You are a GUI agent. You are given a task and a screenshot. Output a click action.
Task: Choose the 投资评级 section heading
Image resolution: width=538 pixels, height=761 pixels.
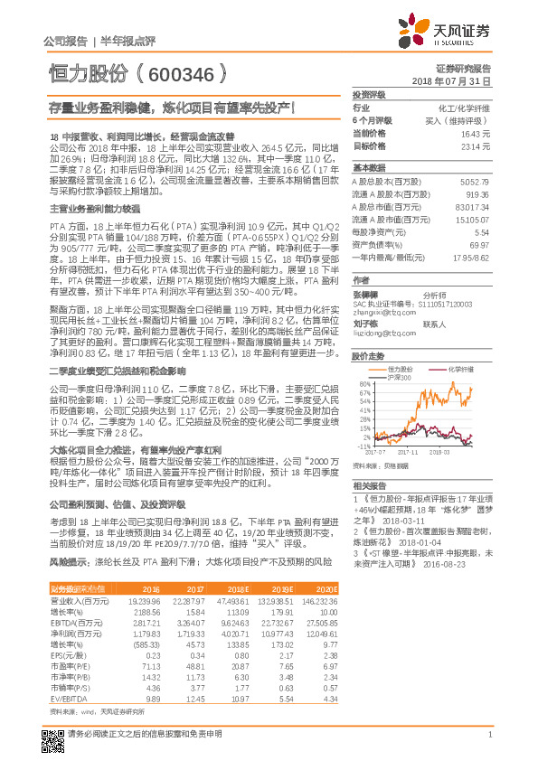click(x=369, y=94)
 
